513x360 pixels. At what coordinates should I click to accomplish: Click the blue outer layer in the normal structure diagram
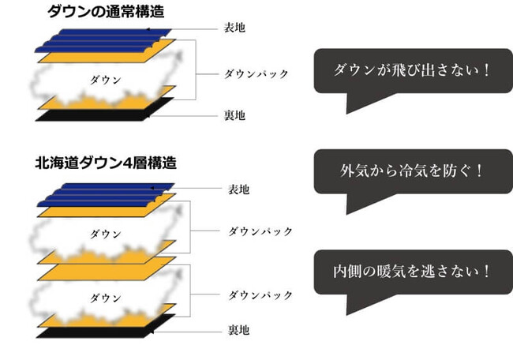click(103, 38)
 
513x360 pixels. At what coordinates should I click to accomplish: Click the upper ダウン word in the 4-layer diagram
click(106, 234)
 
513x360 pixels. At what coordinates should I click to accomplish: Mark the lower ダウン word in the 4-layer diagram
click(106, 298)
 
